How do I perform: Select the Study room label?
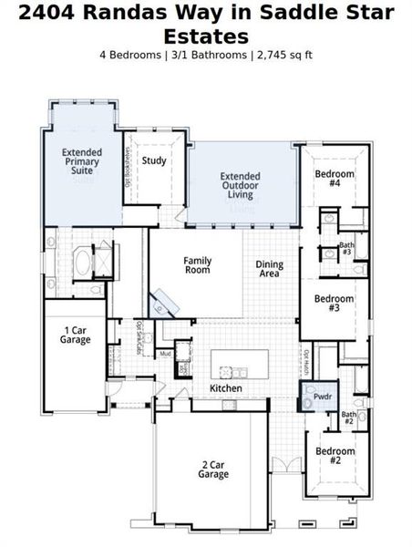[x=154, y=161]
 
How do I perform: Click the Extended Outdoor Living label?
[x=241, y=185]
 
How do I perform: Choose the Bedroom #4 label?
[x=334, y=178]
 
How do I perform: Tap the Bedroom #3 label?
[x=334, y=303]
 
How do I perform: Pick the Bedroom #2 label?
[x=334, y=455]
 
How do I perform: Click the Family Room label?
[x=197, y=265]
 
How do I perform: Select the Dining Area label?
[x=269, y=269]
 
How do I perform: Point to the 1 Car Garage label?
[x=76, y=335]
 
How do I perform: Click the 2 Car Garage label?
[x=213, y=469]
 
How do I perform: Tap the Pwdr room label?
[x=321, y=397]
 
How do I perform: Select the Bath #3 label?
[x=346, y=248]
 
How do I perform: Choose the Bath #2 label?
[x=349, y=418]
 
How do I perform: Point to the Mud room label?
[x=165, y=354]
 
